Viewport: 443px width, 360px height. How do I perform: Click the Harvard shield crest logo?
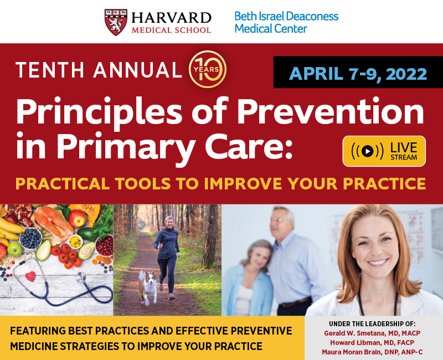click(116, 22)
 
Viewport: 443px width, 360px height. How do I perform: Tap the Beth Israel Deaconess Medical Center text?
click(286, 22)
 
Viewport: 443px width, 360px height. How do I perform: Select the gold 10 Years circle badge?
click(208, 69)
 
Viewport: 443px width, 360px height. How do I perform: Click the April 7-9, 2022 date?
click(358, 74)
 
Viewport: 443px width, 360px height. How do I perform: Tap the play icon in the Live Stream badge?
click(367, 151)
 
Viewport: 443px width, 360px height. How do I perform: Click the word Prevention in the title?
click(330, 111)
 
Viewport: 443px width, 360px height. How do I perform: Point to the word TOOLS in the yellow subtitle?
click(143, 183)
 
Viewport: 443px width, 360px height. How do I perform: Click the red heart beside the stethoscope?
click(30, 276)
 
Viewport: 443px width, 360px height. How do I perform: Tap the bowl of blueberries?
click(30, 238)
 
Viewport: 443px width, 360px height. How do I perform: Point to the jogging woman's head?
click(170, 223)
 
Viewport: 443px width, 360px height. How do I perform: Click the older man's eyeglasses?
click(278, 219)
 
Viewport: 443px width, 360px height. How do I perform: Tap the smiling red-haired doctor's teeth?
click(378, 263)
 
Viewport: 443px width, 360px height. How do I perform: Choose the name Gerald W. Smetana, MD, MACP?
click(372, 333)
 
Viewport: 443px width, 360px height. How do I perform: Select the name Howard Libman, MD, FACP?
click(372, 342)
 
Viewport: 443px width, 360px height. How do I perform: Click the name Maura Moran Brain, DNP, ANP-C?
click(372, 352)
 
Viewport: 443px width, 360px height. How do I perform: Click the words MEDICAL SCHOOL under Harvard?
click(171, 30)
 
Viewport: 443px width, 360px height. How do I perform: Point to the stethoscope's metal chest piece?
click(81, 277)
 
